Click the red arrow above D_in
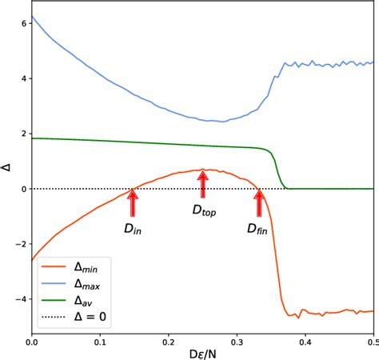pyautogui.click(x=133, y=203)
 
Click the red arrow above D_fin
pyautogui.click(x=258, y=203)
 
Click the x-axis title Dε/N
pyautogui.click(x=202, y=352)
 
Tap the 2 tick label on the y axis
pyautogui.click(x=25, y=134)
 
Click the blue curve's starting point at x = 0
pyautogui.click(x=32, y=17)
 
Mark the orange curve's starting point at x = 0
pyautogui.click(x=32, y=260)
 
